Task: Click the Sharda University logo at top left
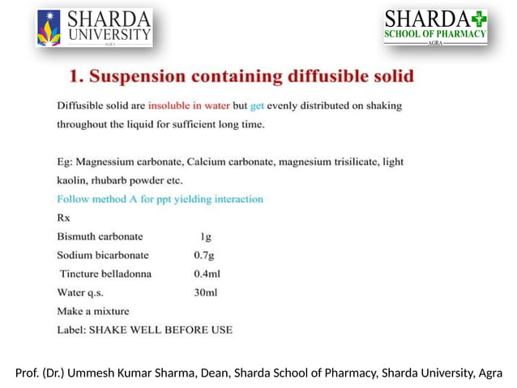pos(94,27)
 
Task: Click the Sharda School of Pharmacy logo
pos(435,27)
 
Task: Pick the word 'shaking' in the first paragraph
pos(382,106)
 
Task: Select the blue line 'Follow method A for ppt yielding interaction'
pos(160,199)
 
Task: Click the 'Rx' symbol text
pos(63,218)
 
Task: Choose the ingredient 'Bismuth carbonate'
pos(100,236)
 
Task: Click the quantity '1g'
pos(206,236)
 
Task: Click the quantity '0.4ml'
pos(207,274)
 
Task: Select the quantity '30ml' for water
pos(206,292)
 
